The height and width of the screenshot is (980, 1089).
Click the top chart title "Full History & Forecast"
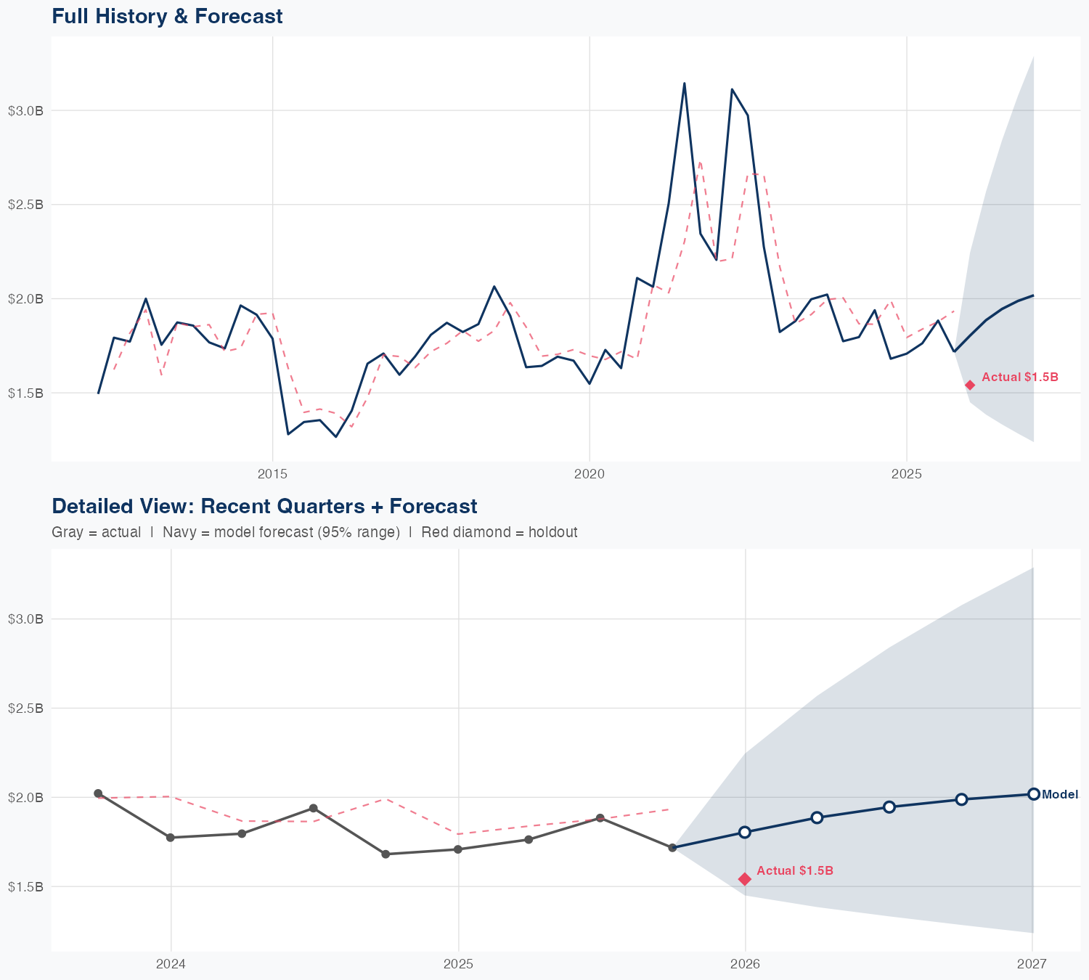[x=167, y=16]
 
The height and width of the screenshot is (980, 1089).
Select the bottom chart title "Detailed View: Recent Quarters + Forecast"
[x=264, y=506]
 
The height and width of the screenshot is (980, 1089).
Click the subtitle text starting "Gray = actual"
[x=314, y=532]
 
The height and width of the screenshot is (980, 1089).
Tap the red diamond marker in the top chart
[x=969, y=385]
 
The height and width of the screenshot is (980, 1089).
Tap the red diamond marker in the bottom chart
[x=745, y=879]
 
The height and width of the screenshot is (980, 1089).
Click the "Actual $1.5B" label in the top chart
[x=1019, y=377]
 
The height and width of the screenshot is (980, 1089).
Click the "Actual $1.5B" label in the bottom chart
[x=794, y=870]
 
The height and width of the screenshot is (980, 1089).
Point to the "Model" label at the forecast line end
[x=1060, y=795]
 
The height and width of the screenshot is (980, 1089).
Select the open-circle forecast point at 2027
[x=1033, y=794]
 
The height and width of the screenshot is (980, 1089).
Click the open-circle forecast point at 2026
[x=745, y=832]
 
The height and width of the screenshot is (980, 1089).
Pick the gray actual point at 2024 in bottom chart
[x=171, y=838]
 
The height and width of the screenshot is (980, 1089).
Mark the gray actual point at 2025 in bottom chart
[x=458, y=849]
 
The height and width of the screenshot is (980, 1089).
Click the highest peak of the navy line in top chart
[x=684, y=83]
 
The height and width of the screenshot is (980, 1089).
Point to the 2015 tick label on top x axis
[x=273, y=474]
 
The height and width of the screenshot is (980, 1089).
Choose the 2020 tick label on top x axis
[x=590, y=474]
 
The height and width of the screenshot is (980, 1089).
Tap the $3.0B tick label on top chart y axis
[x=25, y=110]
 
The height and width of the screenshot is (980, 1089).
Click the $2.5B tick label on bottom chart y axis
[x=25, y=708]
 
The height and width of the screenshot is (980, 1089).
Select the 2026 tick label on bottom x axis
[x=745, y=964]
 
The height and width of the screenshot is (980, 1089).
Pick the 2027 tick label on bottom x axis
[x=1032, y=964]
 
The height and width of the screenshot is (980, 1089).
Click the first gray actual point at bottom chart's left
[x=98, y=793]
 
